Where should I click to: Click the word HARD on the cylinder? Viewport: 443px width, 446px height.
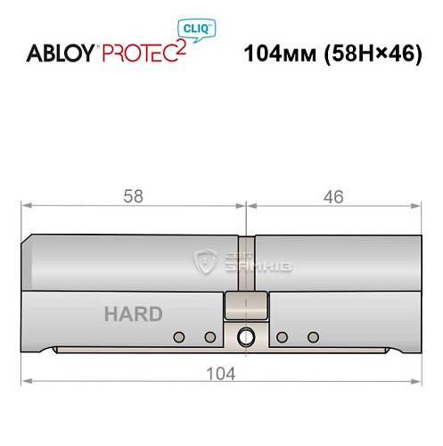tap(133, 314)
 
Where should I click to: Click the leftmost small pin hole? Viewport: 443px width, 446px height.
tap(179, 337)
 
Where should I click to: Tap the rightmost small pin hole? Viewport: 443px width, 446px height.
tap(312, 337)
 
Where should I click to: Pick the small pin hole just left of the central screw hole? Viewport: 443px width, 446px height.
tap(210, 337)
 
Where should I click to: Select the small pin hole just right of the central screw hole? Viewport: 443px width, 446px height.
tap(282, 337)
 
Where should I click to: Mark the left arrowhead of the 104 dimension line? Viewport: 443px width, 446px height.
tap(27, 383)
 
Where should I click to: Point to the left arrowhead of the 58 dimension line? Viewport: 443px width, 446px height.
tap(27, 207)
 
